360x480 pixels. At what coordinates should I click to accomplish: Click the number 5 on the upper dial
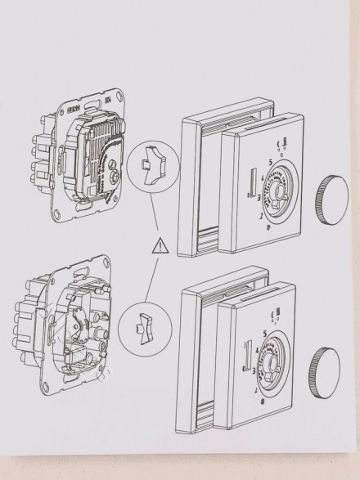coord(268,162)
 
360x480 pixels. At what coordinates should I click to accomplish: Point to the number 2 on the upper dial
coord(259,217)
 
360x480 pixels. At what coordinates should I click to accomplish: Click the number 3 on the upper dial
coord(261,197)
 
